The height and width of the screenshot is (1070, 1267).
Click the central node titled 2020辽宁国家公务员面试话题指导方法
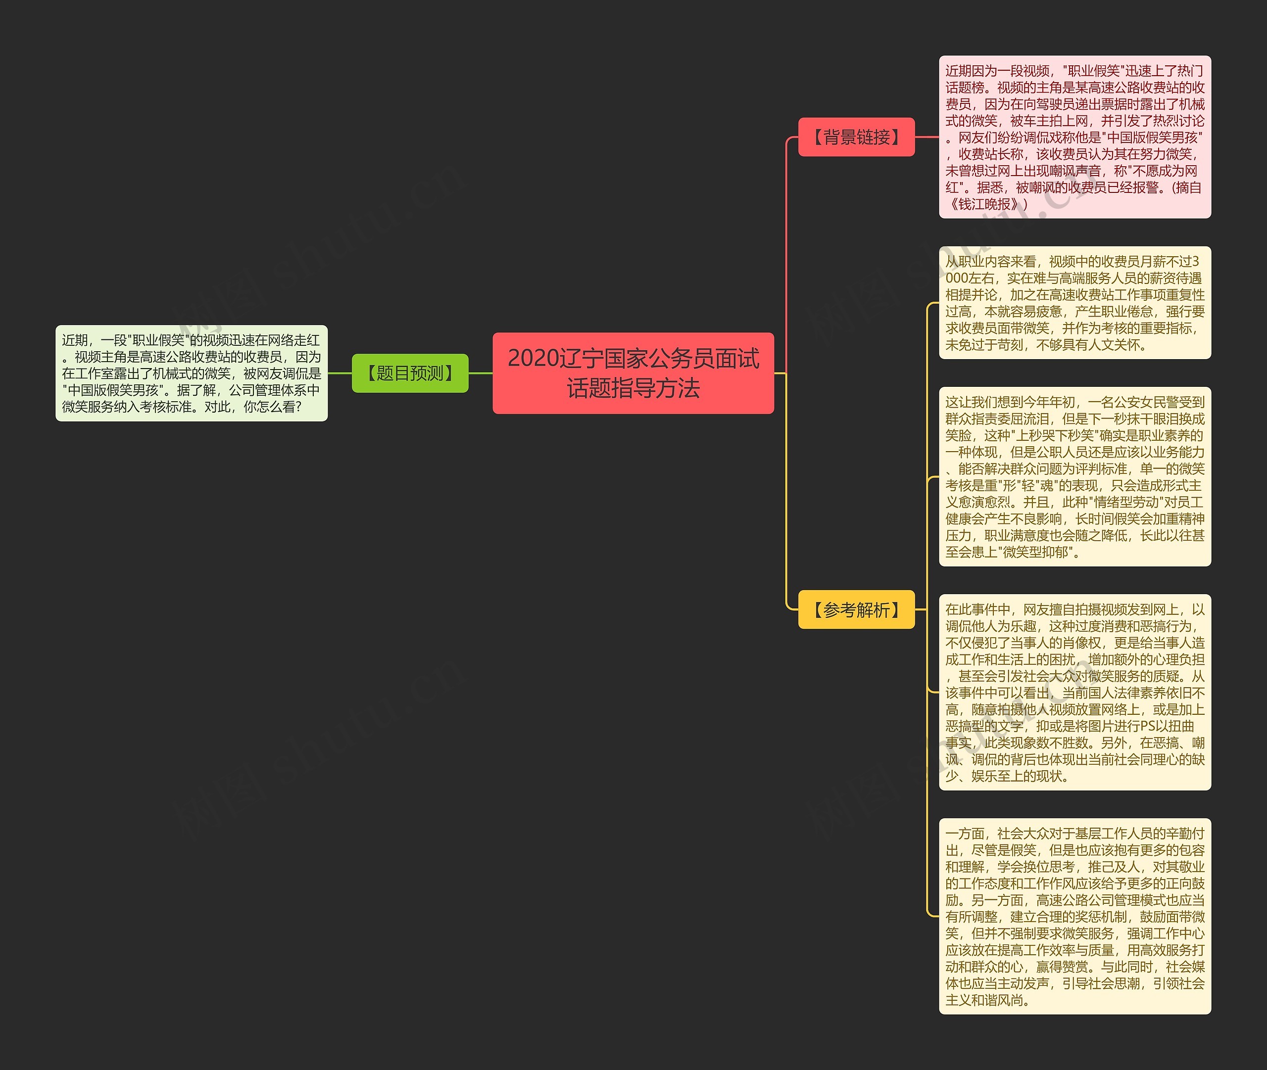[x=633, y=373]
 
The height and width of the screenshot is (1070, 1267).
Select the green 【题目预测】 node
[x=410, y=373]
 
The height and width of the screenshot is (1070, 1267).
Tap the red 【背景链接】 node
[x=856, y=137]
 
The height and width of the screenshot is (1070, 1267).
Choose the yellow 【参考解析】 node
[x=856, y=609]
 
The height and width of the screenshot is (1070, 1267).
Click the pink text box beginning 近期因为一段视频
[x=1074, y=137]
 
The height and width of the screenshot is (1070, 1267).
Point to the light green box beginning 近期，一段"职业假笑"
[x=192, y=373]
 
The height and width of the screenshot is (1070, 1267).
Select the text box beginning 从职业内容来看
[x=1074, y=303]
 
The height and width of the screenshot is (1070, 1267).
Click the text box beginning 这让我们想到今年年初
[x=1074, y=477]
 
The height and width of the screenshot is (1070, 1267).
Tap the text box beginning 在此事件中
[x=1074, y=692]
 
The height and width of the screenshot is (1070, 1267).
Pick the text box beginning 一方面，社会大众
[x=1074, y=916]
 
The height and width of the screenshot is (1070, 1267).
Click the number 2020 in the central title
[x=533, y=359]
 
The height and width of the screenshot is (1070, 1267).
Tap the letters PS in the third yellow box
[x=1149, y=726]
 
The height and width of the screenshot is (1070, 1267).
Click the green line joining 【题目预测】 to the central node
[x=481, y=373]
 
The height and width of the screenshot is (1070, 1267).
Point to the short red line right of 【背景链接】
[x=926, y=137]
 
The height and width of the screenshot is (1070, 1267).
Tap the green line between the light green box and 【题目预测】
[x=340, y=373]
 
